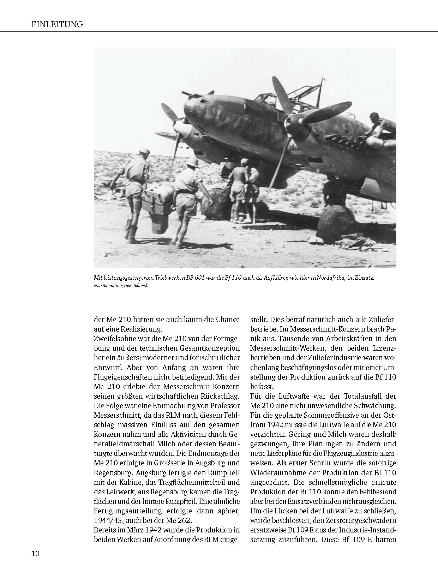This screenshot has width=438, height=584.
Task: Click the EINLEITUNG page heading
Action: pyautogui.click(x=57, y=24)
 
